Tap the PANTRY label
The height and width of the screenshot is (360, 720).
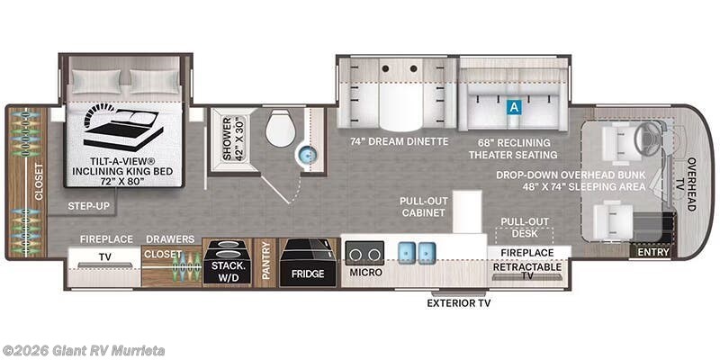click(x=265, y=262)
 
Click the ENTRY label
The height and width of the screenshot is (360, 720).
click(x=653, y=253)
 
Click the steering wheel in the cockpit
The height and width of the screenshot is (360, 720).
click(x=647, y=140)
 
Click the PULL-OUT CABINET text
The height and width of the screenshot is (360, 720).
click(x=424, y=207)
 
